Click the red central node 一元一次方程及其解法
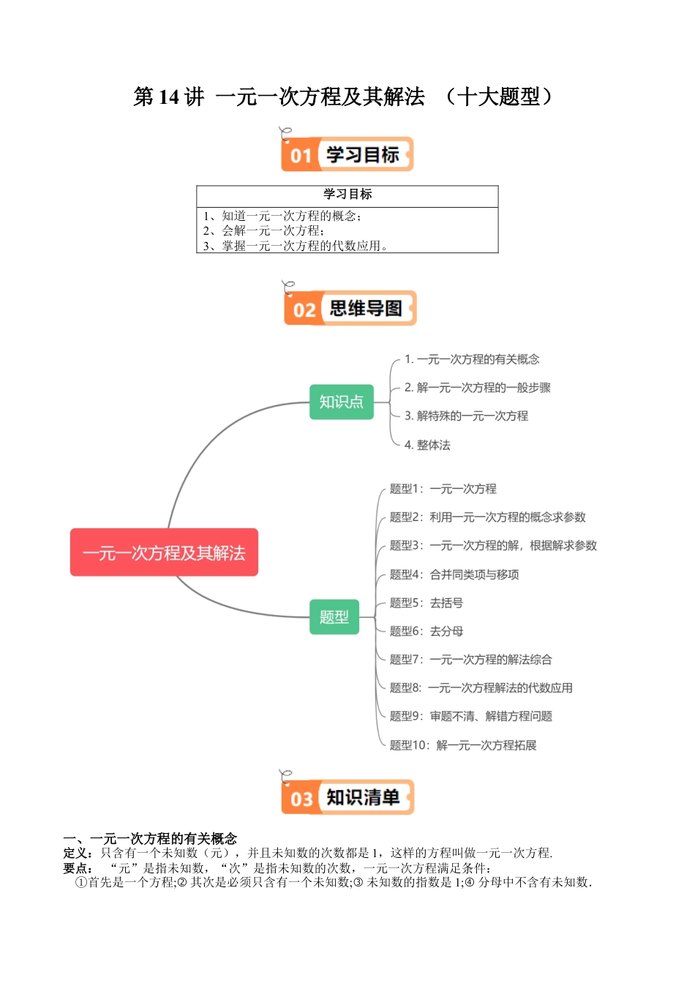pos(164,552)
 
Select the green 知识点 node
pos(341,402)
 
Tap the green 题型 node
pos(334,617)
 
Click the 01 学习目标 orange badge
pos(347,154)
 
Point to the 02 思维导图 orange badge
pos(350,308)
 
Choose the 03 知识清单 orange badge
pos(347,796)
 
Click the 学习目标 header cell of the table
pos(347,195)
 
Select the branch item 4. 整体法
pos(427,445)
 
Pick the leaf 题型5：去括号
pos(426,603)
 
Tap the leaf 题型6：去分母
pos(426,631)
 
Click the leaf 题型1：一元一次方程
pos(443,489)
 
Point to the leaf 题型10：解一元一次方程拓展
pos(462,745)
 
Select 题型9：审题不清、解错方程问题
pos(470,716)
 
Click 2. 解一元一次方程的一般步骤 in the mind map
pos(477,388)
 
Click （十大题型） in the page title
pos(502,97)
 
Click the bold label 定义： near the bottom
pos(78,853)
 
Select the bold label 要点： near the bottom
pos(78,868)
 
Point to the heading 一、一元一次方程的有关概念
pos(150,838)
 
